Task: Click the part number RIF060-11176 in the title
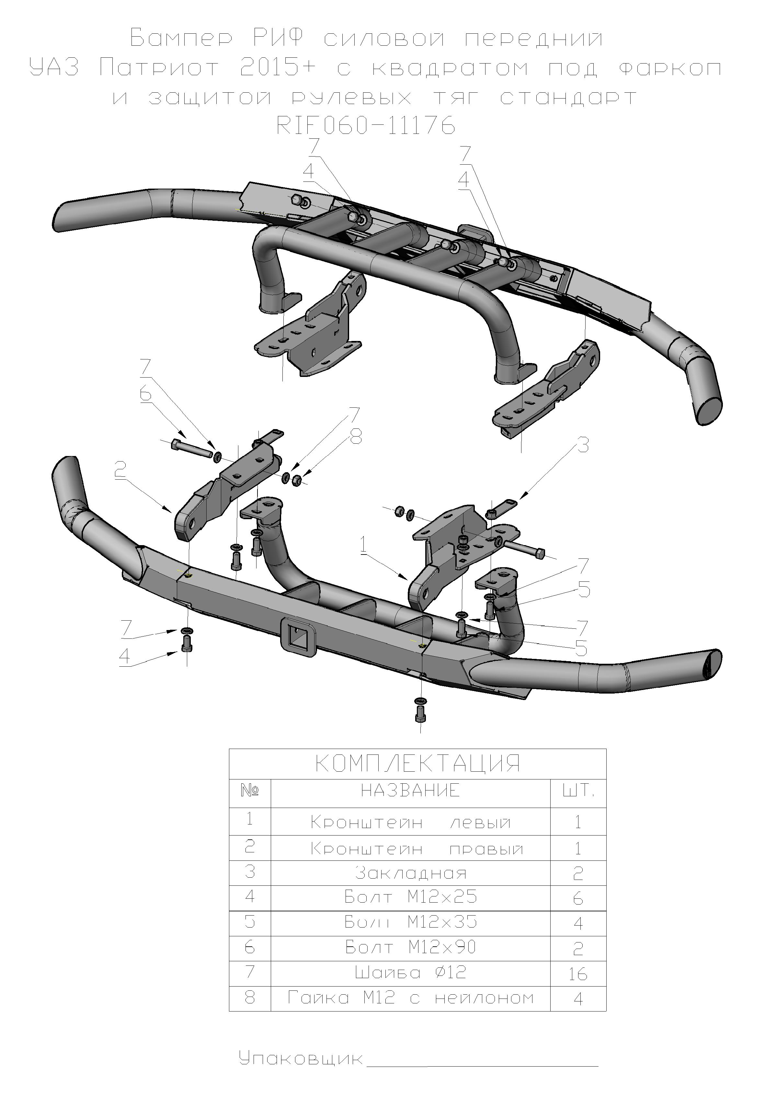[366, 126]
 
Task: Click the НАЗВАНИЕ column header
[410, 791]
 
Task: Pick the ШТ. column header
[578, 791]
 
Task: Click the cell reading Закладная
[410, 873]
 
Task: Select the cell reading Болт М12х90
[410, 947]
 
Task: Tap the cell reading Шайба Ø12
[410, 973]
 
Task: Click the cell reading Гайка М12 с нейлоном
[410, 998]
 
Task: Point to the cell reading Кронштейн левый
[410, 822]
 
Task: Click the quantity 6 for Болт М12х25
[578, 898]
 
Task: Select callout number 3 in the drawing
[583, 446]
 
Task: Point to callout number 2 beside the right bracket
[120, 471]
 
